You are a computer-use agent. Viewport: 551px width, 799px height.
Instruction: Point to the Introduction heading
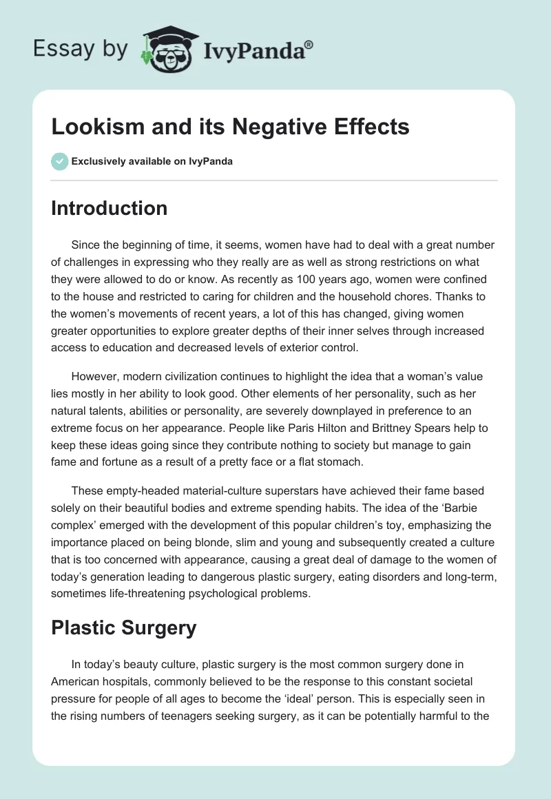109,208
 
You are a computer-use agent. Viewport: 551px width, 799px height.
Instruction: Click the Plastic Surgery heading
124,627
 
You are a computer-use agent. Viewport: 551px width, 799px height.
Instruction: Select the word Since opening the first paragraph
85,245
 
